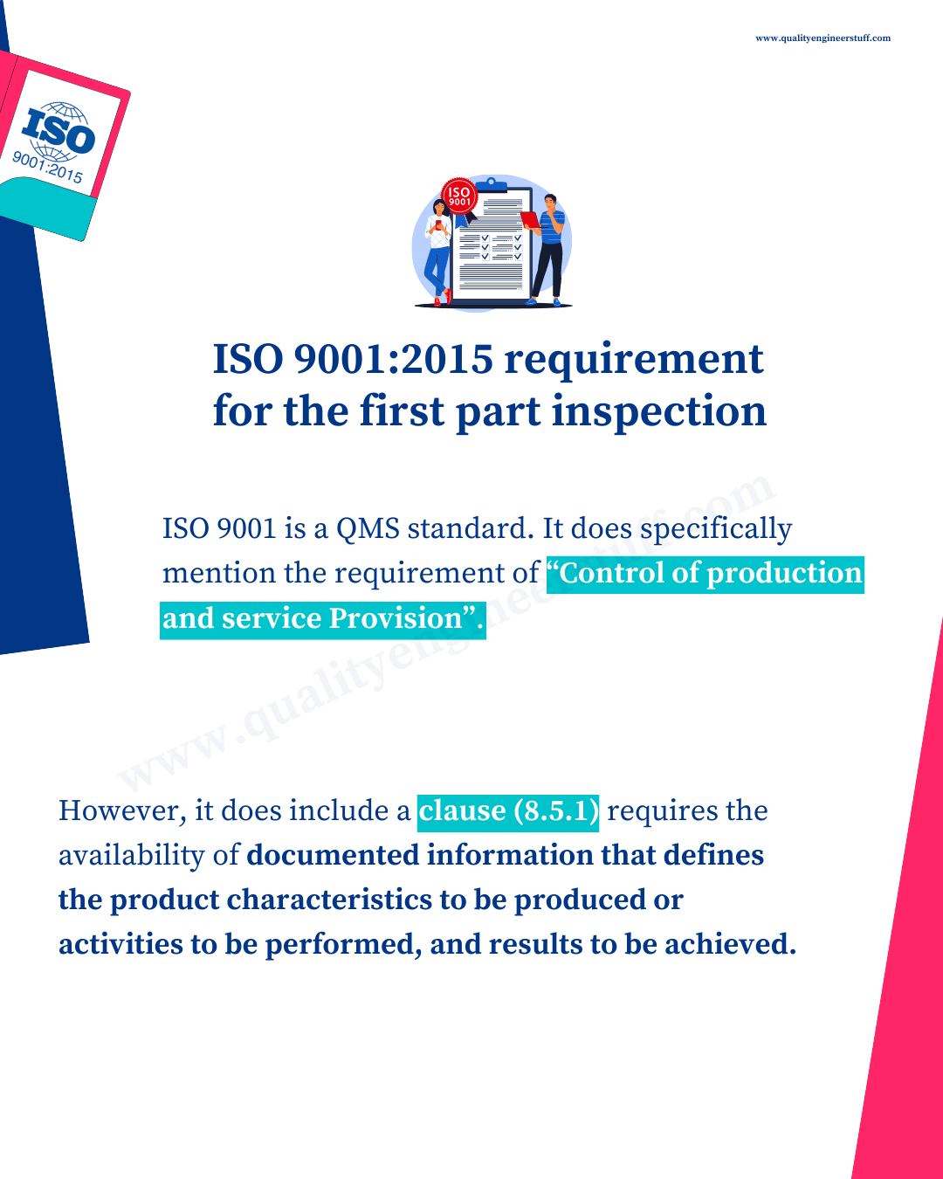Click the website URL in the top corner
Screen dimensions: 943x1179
coord(823,38)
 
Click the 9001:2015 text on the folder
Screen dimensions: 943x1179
coord(48,167)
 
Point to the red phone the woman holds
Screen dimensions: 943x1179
coord(438,223)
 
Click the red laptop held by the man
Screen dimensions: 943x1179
coord(530,220)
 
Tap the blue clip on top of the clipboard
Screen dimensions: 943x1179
coord(491,184)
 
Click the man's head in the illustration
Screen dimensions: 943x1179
coord(550,202)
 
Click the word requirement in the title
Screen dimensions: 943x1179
coord(633,361)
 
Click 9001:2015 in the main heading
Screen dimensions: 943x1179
coord(394,360)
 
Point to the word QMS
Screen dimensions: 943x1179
coord(368,529)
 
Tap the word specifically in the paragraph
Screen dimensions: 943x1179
coord(716,530)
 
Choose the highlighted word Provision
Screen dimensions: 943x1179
coord(396,618)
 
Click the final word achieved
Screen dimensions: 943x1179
coord(730,944)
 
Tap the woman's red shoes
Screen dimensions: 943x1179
coord(443,298)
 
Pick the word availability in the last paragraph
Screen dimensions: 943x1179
coord(132,857)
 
